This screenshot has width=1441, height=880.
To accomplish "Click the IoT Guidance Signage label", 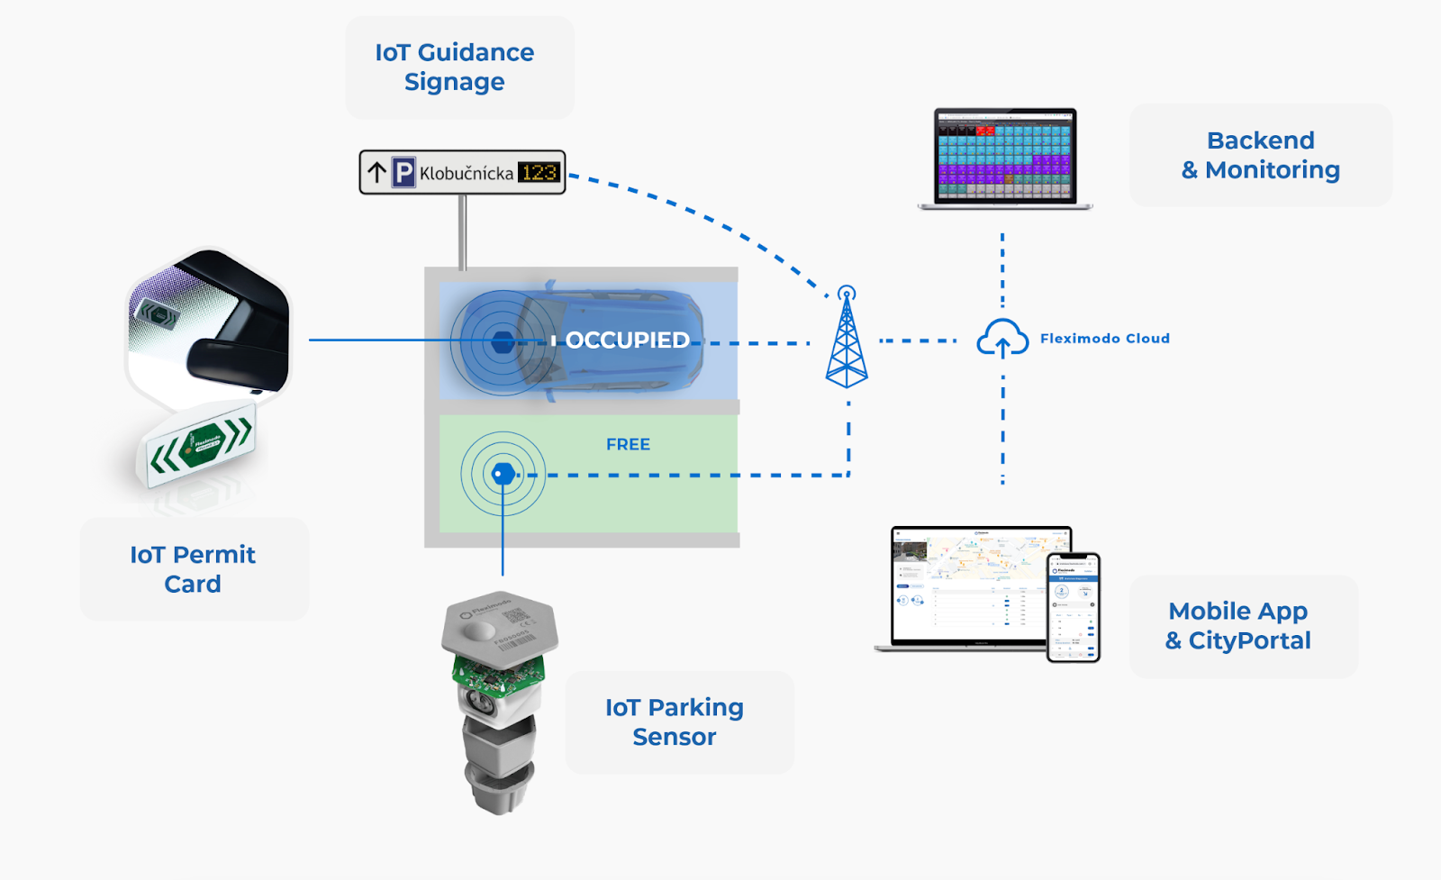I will (455, 68).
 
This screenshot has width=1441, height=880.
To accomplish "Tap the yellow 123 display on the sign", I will (539, 172).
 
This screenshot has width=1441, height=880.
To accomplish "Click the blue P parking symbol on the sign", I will (403, 172).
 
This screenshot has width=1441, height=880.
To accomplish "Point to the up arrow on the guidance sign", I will (376, 172).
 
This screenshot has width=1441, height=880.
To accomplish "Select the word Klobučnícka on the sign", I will (466, 173).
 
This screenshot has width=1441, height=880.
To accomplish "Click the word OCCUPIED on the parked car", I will (627, 340).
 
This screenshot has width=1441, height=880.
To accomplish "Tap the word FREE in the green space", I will (628, 444).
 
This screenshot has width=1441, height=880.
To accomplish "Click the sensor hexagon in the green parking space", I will (503, 474).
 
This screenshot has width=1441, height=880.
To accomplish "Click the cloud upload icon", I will (1002, 339).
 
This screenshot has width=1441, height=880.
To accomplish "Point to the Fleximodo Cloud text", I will (1104, 339).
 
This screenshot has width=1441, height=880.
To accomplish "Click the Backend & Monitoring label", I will (1260, 155).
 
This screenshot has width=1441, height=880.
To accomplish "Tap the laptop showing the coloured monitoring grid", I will (1004, 158).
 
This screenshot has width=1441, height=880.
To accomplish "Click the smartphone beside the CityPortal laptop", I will (1074, 607).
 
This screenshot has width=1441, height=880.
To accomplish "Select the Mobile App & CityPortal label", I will (1238, 626).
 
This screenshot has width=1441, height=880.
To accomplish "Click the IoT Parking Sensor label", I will (675, 721).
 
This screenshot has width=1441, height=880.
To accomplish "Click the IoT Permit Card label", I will (193, 569).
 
